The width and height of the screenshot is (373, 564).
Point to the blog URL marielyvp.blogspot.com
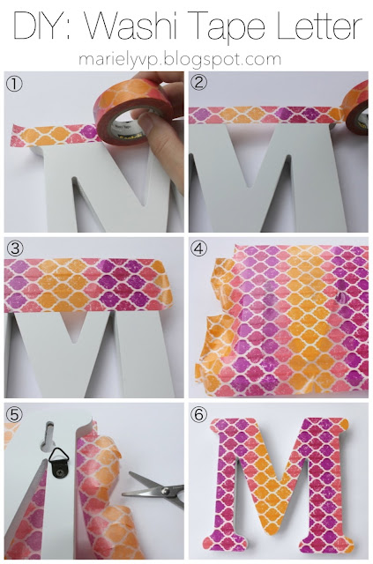pos(185,60)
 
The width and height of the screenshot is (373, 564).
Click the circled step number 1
pos(14,85)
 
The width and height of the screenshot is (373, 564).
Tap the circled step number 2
pos(199,85)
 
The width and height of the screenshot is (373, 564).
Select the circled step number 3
pos(14,246)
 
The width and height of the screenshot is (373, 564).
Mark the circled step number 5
pos(14,412)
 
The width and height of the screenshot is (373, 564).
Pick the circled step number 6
pos(199,412)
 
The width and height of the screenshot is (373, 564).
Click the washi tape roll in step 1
pos(124,115)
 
